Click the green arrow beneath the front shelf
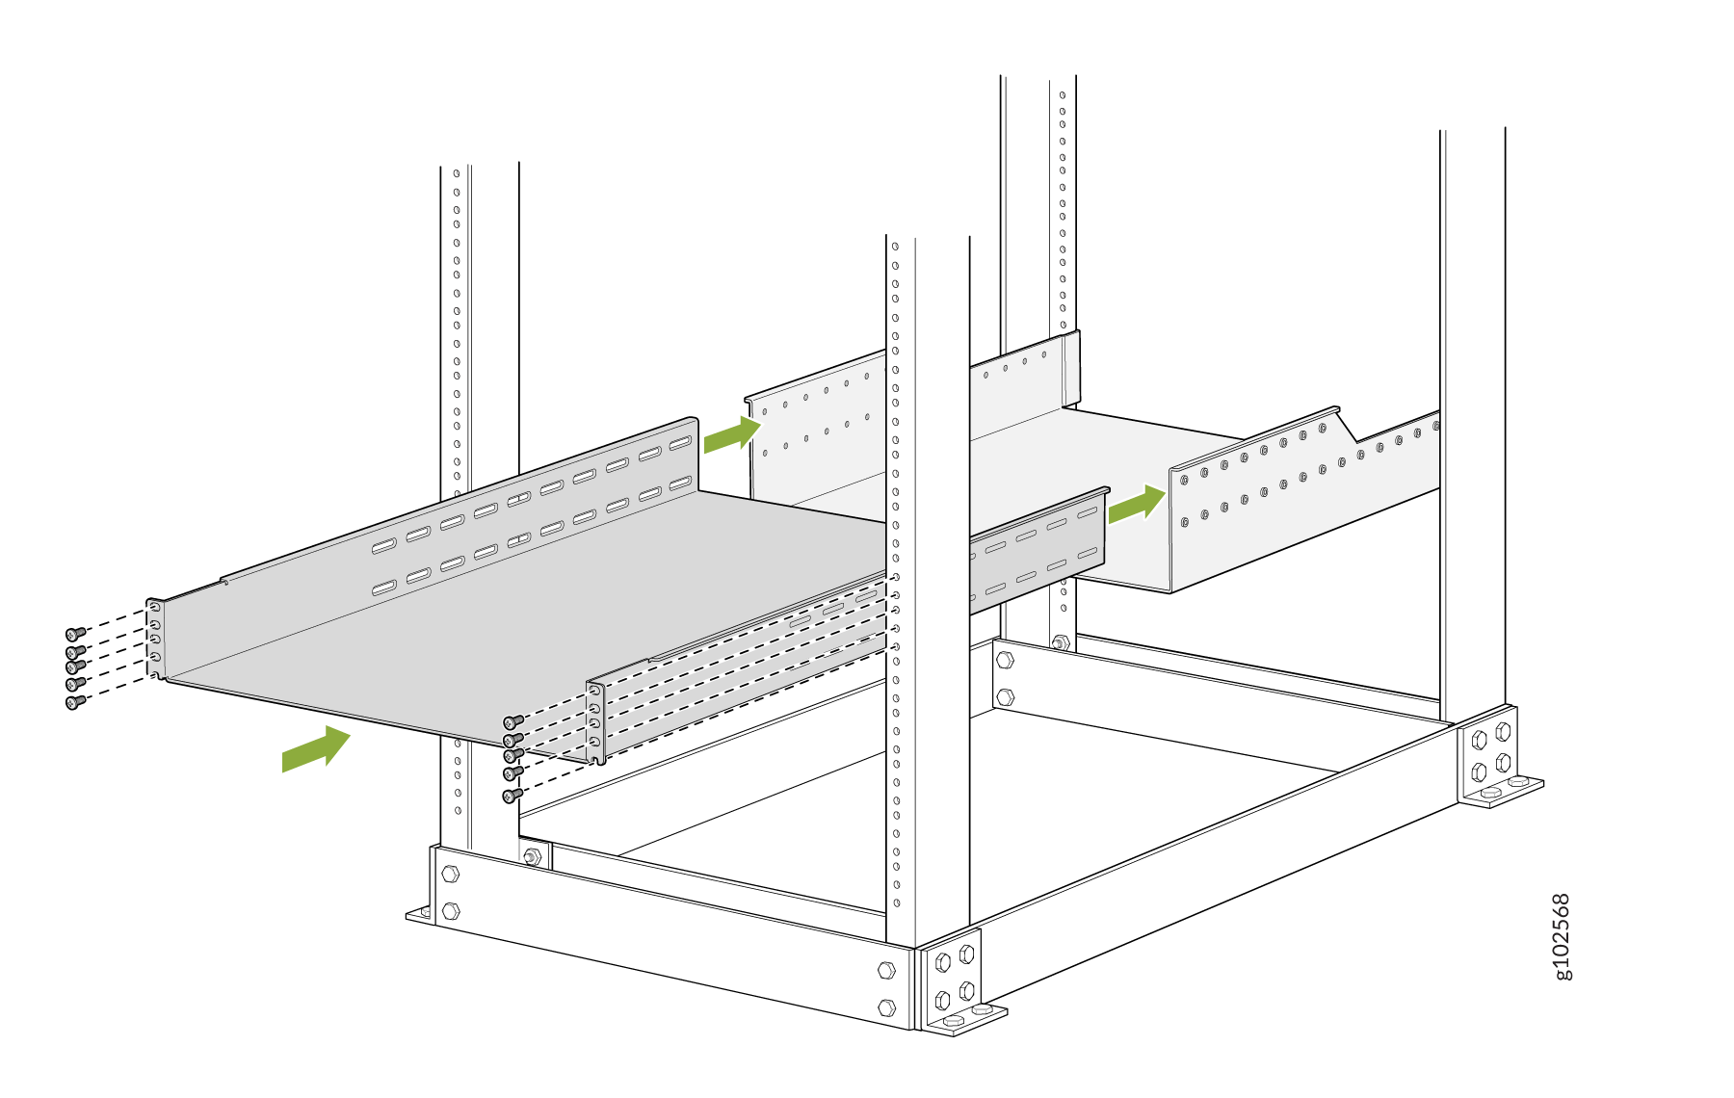[316, 748]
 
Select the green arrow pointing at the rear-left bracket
[732, 434]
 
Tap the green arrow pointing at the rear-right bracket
[1137, 504]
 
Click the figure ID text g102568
[1562, 936]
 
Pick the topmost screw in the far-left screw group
[75, 634]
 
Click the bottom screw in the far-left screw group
[75, 702]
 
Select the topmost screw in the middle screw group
[513, 721]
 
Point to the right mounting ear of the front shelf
[596, 722]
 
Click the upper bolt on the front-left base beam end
[450, 875]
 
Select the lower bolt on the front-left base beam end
[450, 911]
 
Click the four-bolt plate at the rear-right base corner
[1489, 754]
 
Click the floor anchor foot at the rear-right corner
[1502, 792]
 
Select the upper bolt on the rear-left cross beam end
[1005, 660]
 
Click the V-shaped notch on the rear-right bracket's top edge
[1347, 425]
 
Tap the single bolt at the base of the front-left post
[532, 856]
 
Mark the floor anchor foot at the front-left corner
[420, 914]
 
